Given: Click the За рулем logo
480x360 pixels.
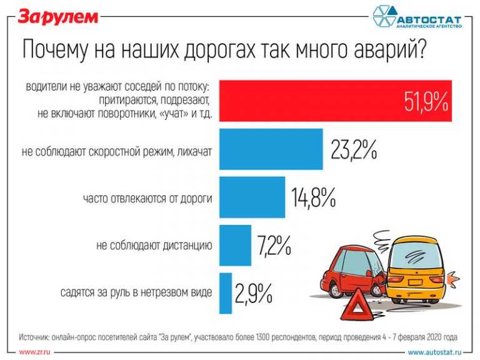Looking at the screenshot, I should coord(57,16).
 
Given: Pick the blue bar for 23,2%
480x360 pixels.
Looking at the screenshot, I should coord(271,149).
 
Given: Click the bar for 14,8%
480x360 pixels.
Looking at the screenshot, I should coord(252,197).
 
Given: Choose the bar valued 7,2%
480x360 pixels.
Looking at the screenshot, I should coord(235,245).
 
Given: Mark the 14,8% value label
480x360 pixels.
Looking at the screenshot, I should coord(314,198).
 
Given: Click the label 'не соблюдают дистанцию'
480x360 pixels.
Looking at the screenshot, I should coord(154,246).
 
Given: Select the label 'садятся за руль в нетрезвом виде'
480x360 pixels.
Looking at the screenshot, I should coord(137,292).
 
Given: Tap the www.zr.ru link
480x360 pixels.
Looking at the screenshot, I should coord(34,352).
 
